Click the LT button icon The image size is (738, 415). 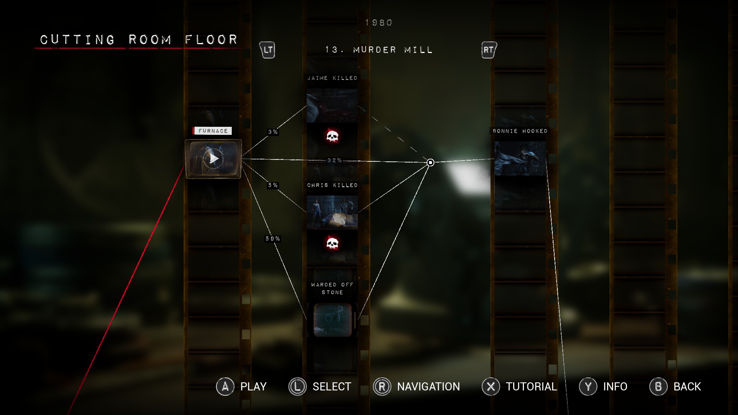point(268,50)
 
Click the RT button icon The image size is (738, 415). point(489,50)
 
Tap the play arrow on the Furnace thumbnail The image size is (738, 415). point(214,158)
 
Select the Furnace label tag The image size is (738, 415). point(213,131)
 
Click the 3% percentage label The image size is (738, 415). point(273,132)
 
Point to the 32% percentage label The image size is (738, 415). point(334,160)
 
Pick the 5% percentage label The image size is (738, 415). point(273,185)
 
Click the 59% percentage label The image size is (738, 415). point(273,239)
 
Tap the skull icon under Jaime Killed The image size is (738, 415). point(332,136)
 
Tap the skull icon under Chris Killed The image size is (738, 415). point(332,243)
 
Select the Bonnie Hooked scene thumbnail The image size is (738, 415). point(520,158)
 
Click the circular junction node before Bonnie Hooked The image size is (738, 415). point(430,163)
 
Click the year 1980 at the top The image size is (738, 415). point(379,23)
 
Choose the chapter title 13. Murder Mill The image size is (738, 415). point(379,50)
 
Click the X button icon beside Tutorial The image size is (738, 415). point(491,387)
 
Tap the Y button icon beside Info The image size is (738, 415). point(588,387)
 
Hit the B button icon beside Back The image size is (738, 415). point(658,387)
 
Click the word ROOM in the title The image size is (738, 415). point(150,40)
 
